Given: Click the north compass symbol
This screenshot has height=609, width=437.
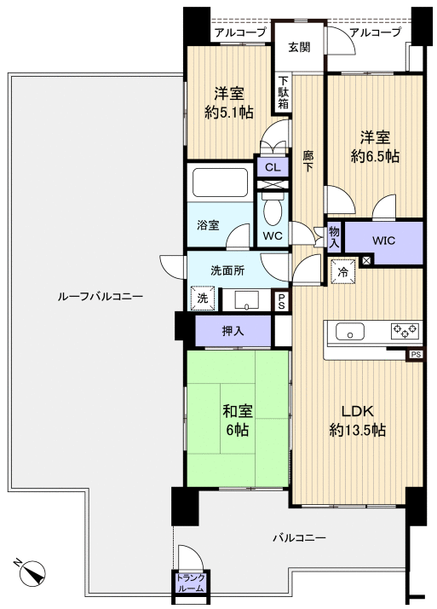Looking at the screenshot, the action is click(32, 573).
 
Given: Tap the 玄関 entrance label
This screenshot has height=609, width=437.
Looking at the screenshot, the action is click(299, 48).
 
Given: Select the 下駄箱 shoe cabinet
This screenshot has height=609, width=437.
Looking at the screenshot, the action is click(284, 93).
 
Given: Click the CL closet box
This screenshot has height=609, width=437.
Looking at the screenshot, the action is click(273, 167).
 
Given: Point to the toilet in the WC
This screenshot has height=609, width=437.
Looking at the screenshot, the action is click(273, 210).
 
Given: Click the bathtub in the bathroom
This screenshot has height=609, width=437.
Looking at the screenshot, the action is click(221, 183).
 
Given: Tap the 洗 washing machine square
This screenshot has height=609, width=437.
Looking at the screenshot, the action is click(203, 299).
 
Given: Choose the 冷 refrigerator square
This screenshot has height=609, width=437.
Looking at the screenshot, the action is click(343, 271).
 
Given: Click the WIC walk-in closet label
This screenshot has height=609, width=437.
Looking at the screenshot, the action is click(383, 241).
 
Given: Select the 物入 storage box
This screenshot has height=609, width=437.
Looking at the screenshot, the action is click(334, 237).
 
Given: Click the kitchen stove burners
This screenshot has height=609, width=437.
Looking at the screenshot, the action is click(405, 330).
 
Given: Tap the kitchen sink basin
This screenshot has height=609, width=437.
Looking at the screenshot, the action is click(350, 331).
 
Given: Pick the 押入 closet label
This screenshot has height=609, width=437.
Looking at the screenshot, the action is click(233, 331).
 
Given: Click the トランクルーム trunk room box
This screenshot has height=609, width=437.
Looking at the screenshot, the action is click(190, 583).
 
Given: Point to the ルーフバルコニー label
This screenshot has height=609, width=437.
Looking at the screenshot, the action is click(101, 297).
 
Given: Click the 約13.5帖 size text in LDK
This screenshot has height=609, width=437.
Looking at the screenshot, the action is click(357, 431).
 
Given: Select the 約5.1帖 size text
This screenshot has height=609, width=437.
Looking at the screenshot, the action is click(229, 113).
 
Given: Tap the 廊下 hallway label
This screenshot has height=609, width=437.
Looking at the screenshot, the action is click(308, 161).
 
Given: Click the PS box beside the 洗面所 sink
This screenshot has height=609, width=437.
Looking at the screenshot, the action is click(281, 301).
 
